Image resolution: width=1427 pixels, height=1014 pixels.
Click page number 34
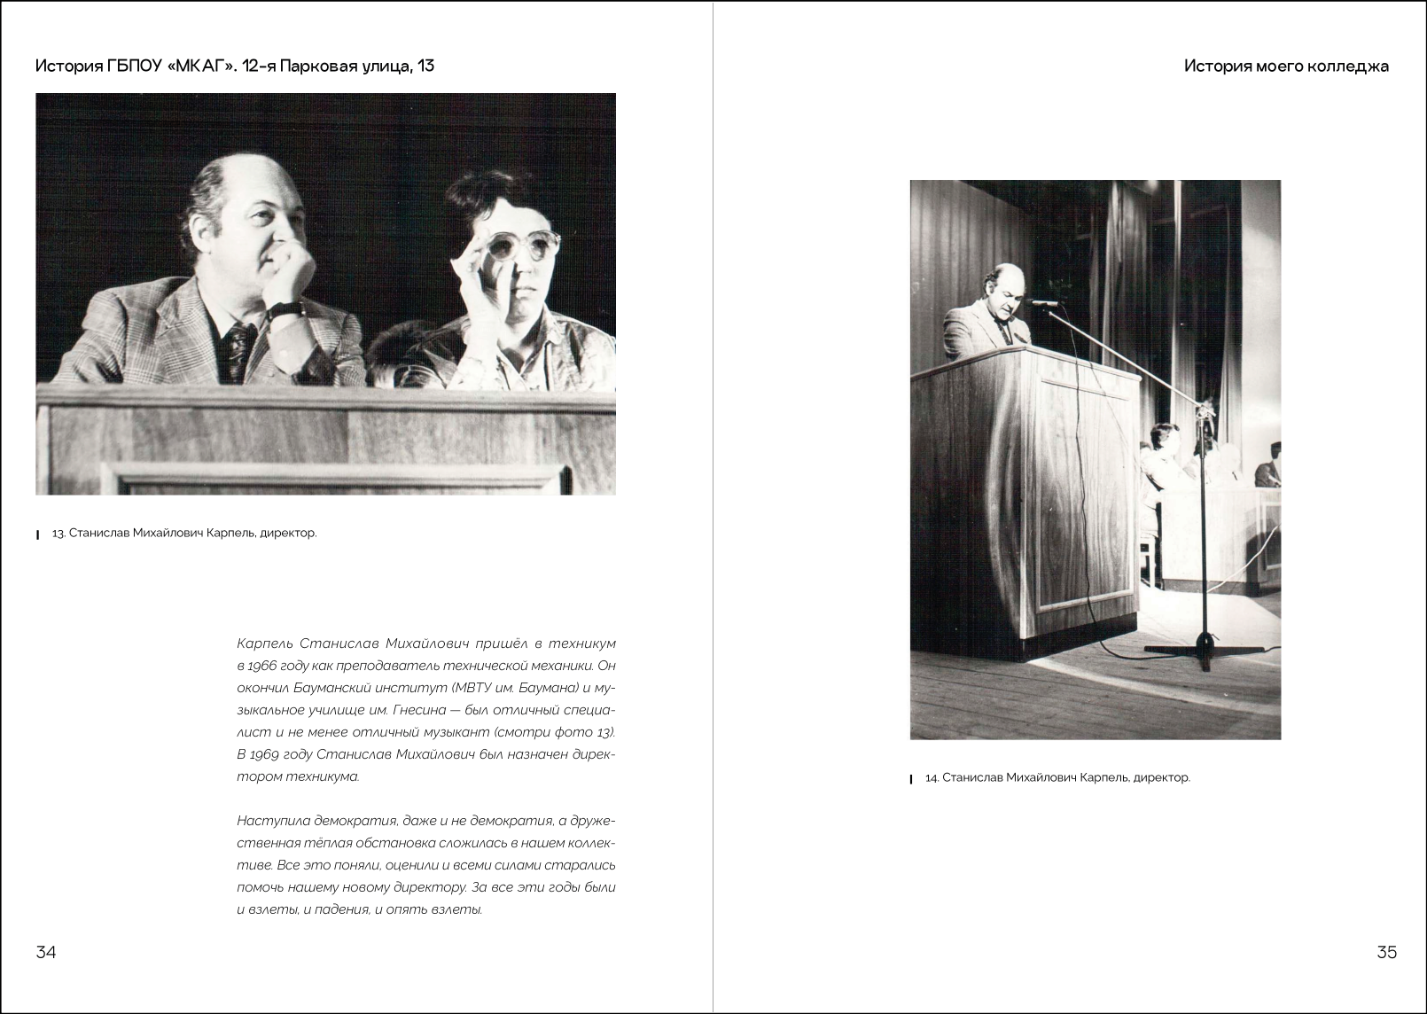(46, 952)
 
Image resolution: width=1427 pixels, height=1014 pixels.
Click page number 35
(1386, 952)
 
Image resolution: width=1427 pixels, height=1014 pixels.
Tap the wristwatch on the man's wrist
(286, 310)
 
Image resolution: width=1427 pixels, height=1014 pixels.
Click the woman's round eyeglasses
(523, 246)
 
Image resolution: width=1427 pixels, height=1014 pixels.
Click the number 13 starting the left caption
(58, 533)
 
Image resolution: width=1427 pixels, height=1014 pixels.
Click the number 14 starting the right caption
(931, 777)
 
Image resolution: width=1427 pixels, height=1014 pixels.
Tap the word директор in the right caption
(1162, 777)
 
